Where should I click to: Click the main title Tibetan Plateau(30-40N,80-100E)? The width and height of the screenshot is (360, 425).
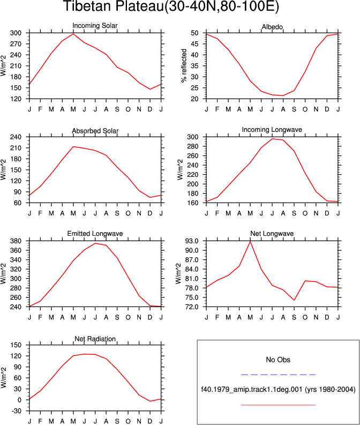click(171, 6)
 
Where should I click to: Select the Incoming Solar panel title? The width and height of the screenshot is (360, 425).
click(95, 26)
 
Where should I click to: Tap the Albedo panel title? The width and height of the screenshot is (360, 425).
click(272, 27)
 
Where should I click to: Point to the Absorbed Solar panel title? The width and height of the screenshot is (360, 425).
click(95, 131)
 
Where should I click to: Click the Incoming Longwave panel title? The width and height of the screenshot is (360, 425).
click(272, 130)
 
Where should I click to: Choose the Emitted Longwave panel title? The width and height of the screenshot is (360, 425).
click(95, 234)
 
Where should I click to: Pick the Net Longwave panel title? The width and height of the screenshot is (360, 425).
click(272, 234)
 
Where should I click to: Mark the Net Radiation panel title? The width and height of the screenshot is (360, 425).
click(95, 339)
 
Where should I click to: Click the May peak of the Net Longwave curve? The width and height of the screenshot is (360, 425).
click(250, 241)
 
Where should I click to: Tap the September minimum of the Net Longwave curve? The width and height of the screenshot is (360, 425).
click(294, 300)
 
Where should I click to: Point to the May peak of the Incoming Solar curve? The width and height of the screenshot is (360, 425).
click(73, 34)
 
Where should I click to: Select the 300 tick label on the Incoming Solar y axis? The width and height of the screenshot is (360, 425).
click(16, 33)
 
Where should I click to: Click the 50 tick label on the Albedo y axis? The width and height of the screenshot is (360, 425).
click(194, 33)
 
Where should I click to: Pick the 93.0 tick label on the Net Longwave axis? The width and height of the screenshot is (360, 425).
click(191, 241)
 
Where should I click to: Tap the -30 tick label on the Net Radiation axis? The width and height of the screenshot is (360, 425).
click(16, 411)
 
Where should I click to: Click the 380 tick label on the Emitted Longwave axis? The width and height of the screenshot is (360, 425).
click(16, 241)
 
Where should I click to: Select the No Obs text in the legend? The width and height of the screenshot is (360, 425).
click(278, 360)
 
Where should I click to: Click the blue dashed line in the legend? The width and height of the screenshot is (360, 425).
click(278, 375)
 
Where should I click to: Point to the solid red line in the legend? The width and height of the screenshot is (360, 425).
click(278, 405)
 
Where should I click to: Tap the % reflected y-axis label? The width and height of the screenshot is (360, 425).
click(184, 65)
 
